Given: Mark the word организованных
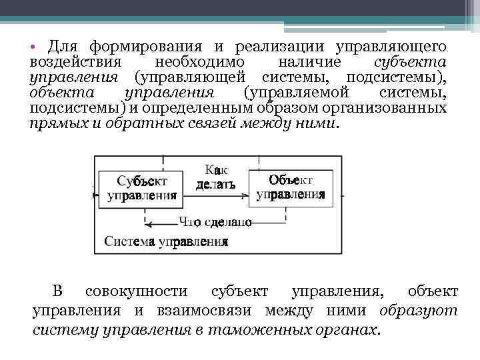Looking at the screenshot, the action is (x=395, y=108).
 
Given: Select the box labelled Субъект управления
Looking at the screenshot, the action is (x=142, y=188).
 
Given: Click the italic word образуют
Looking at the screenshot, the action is (x=418, y=310).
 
